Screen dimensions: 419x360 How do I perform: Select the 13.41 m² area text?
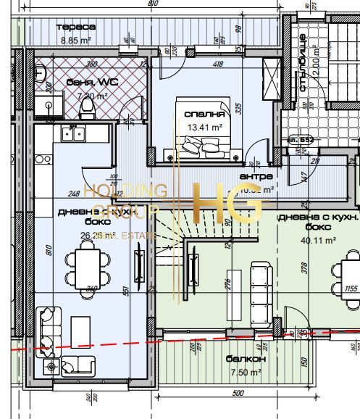coord(205,126)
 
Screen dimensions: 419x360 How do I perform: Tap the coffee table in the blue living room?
coord(80,335)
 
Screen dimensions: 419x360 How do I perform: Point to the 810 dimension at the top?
coord(152,4)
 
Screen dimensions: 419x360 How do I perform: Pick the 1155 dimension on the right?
coord(352,289)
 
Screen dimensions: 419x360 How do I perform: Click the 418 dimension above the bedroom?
coord(218,65)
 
